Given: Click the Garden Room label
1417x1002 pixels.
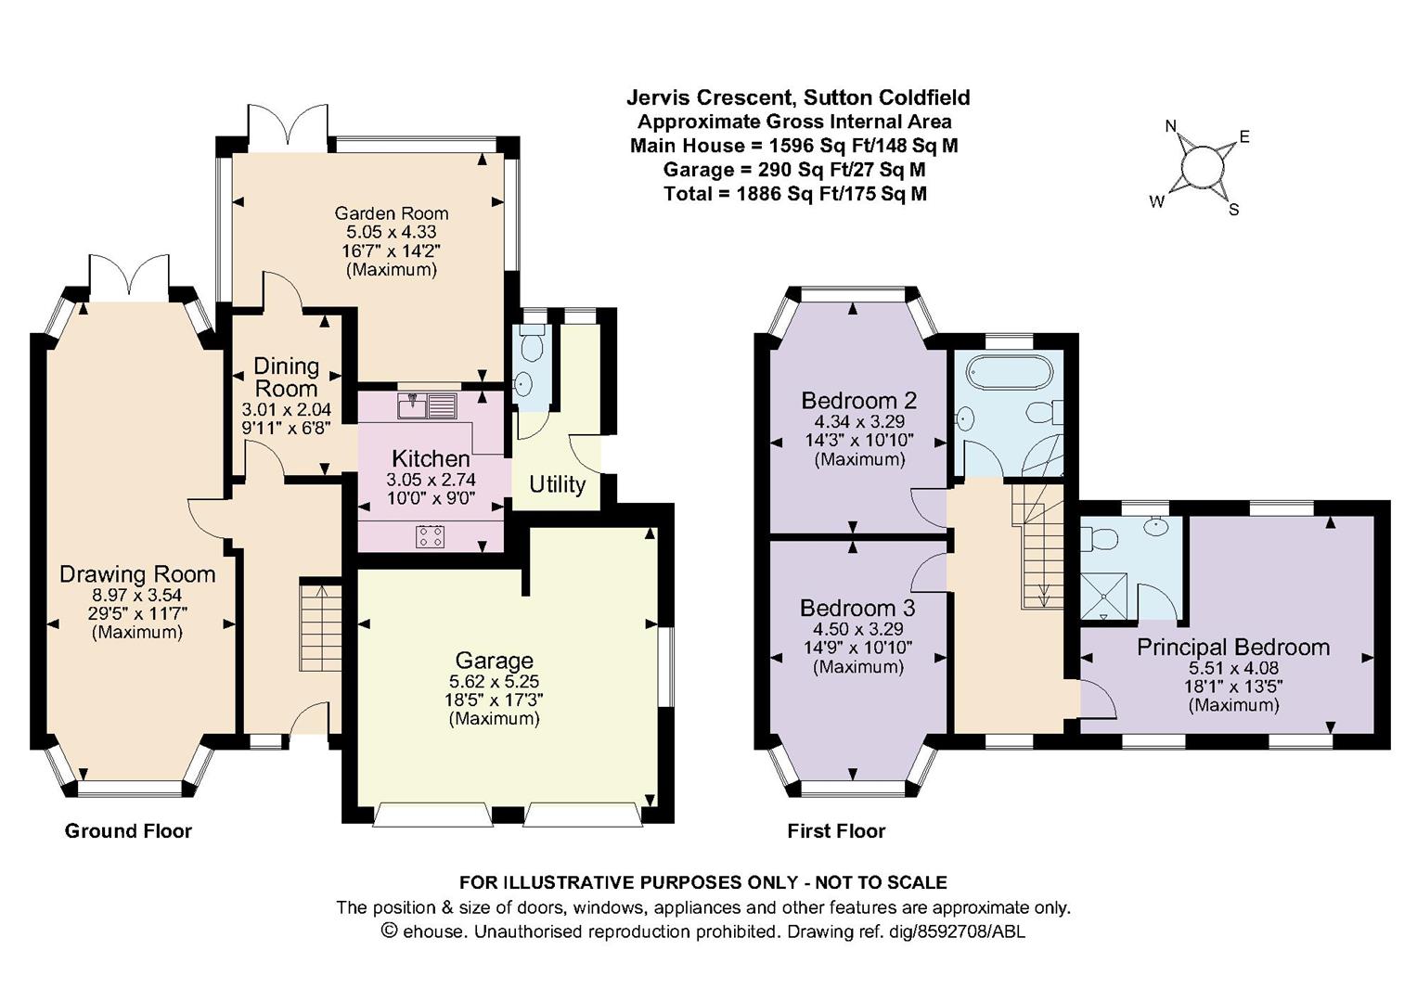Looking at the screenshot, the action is pos(392,213).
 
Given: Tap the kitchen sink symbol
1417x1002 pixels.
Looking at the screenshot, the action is pos(428,406).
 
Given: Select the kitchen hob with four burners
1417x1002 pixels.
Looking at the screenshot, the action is pos(431,536).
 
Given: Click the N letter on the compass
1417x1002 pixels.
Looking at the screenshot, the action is pos(1171,126).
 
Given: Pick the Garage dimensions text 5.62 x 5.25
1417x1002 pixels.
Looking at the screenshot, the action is pos(494,681).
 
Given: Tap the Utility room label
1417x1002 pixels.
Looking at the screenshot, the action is pos(558,484).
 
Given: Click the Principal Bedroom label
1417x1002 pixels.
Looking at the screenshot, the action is pos(1233,648).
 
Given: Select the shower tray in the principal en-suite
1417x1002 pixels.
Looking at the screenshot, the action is pos(1104,596).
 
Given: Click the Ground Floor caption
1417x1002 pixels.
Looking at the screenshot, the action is pos(128,830).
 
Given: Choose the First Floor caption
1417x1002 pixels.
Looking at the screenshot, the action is pos(836,830).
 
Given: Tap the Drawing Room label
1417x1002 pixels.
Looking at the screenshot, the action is pos(137,574).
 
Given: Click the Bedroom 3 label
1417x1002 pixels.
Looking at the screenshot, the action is pos(857,608).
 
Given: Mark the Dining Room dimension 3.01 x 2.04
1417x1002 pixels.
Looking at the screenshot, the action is pos(287,410).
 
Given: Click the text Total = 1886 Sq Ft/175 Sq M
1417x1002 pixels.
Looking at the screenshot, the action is pos(794,194).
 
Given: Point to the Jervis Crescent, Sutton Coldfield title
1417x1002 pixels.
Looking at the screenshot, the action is pos(798,97).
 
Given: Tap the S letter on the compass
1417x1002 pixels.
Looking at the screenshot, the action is pos(1233,210).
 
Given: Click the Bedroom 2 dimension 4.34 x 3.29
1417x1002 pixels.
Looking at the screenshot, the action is pos(859,421).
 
